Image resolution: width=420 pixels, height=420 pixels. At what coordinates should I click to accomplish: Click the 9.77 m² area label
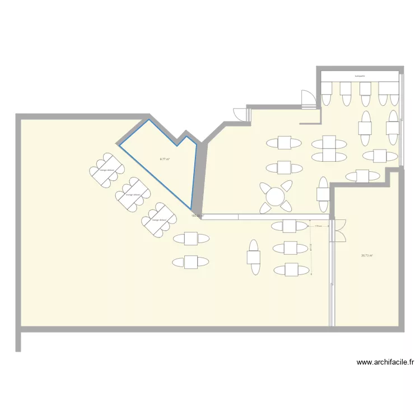coord(165,159)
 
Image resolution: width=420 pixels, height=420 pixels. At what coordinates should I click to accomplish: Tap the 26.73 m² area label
coord(367,255)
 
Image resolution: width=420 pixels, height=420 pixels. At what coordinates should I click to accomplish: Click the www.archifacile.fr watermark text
coord(385,362)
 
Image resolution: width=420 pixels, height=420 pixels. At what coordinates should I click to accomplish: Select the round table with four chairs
coord(276,196)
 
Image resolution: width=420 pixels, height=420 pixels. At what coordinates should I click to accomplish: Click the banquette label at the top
coord(360,76)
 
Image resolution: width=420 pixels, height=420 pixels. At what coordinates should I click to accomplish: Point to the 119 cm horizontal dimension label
coord(318,226)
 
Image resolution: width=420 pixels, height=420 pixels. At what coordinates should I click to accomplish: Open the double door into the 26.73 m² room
coord(338,230)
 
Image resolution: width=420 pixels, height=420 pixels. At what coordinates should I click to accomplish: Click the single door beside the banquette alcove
coord(307,99)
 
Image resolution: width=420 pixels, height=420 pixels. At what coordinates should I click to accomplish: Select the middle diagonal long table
coord(133,194)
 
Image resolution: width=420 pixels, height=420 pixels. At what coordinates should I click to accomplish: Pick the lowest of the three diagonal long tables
coord(158,220)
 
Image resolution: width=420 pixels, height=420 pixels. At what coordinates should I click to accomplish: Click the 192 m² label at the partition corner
coord(197,216)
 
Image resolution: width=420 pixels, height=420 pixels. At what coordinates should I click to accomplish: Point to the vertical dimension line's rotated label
coord(310,248)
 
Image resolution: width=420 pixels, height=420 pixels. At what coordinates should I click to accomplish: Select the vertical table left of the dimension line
coord(254,258)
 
